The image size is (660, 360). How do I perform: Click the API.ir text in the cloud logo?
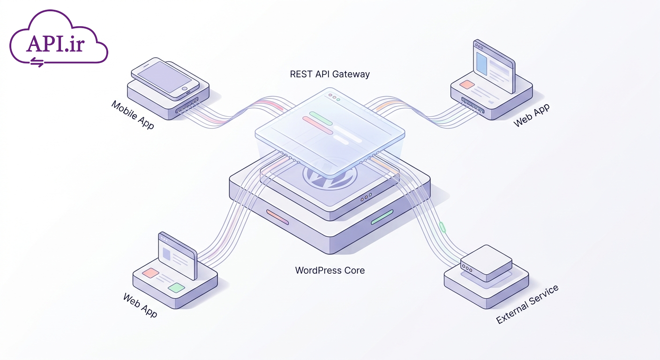(56, 44)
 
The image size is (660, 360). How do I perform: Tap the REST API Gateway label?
(330, 74)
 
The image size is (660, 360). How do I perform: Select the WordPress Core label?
(330, 270)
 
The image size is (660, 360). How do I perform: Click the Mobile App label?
(133, 115)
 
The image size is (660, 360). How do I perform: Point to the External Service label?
(527, 304)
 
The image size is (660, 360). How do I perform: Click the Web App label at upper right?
(531, 115)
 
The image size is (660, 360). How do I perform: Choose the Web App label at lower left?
(140, 305)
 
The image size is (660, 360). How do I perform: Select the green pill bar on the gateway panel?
(321, 118)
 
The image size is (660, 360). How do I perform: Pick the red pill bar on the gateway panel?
(318, 125)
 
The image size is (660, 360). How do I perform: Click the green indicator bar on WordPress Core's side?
(382, 217)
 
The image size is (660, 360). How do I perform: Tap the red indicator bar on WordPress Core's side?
(277, 217)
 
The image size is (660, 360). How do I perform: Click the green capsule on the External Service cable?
(442, 227)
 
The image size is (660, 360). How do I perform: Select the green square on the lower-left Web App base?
(177, 287)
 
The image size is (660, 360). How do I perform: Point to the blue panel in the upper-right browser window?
(482, 64)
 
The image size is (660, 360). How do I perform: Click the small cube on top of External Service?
(486, 263)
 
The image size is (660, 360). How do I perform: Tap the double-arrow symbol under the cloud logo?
(37, 62)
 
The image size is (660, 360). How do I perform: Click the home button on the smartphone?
(184, 89)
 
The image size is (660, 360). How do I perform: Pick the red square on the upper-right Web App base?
(467, 84)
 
